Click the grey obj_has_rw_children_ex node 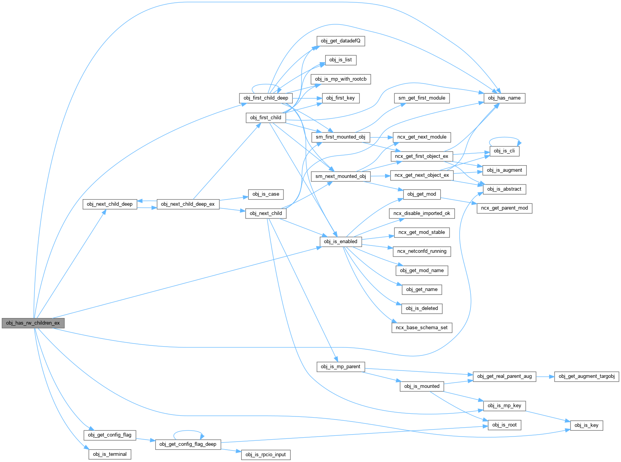[x=33, y=323]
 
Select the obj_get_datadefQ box [x=340, y=41]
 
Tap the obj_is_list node [x=340, y=60]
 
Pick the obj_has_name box [x=504, y=98]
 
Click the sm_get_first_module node [x=422, y=98]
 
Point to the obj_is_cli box [x=504, y=151]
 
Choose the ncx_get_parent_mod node [x=504, y=208]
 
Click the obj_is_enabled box [x=340, y=242]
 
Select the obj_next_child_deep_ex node [x=188, y=204]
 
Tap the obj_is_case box [x=266, y=194]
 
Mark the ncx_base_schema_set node [x=422, y=328]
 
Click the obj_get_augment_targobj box [x=586, y=376]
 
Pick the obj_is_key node [x=586, y=425]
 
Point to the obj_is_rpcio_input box [x=266, y=455]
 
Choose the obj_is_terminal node [x=110, y=454]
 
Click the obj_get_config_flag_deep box [x=188, y=444]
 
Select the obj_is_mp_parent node [x=340, y=367]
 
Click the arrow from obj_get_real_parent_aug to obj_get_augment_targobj [x=545, y=376]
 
